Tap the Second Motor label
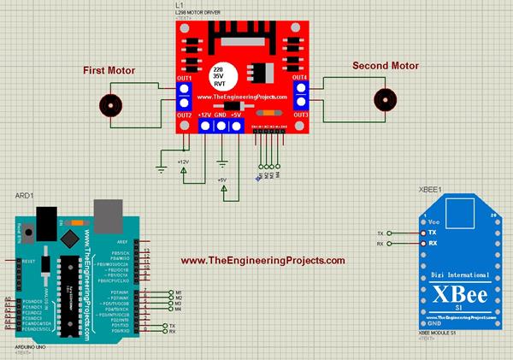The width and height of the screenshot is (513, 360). [x=386, y=66]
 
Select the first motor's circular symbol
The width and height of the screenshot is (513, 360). [x=110, y=105]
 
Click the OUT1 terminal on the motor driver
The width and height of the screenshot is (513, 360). [x=184, y=80]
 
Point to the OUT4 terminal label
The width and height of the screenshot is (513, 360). [x=300, y=79]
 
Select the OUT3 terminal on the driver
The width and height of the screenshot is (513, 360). [x=300, y=115]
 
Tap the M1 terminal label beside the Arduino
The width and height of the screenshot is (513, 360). [x=178, y=292]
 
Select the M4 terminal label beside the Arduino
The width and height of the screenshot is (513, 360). [x=178, y=310]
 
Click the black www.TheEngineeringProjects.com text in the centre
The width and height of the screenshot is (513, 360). [x=263, y=261]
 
